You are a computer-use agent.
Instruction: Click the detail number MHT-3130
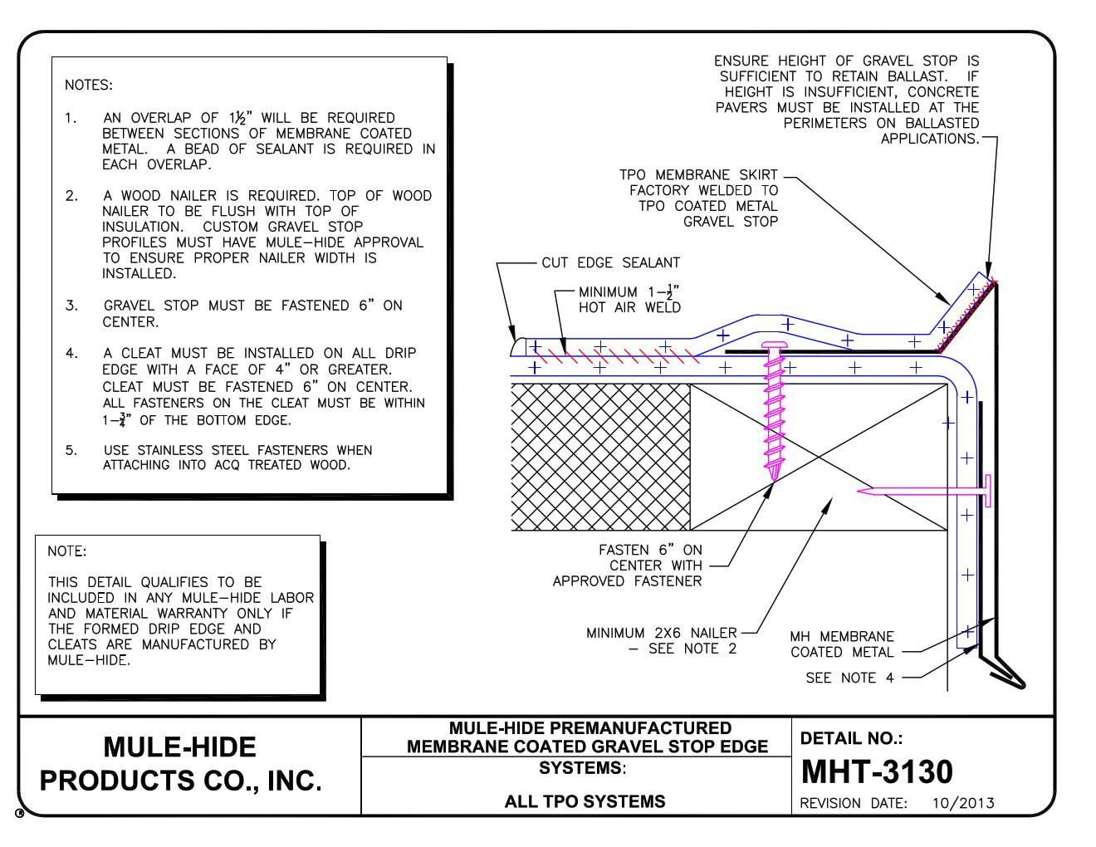pyautogui.click(x=876, y=771)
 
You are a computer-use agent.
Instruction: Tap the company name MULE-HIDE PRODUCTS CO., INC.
pyautogui.click(x=180, y=764)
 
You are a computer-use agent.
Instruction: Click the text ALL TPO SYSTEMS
pyautogui.click(x=585, y=801)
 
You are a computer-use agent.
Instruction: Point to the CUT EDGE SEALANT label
pyautogui.click(x=610, y=263)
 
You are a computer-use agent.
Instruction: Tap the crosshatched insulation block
pyautogui.click(x=599, y=456)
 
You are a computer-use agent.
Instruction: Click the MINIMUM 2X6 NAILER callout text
pyautogui.click(x=661, y=640)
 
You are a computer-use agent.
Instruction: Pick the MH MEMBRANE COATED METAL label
pyautogui.click(x=842, y=644)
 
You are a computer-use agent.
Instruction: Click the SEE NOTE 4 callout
pyautogui.click(x=849, y=678)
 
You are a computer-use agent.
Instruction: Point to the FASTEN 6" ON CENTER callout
pyautogui.click(x=649, y=565)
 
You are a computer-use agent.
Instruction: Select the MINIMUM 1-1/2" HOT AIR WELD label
pyautogui.click(x=629, y=300)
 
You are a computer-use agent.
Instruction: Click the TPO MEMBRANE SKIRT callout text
pyautogui.click(x=698, y=198)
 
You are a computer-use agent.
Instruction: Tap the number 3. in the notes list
pyautogui.click(x=72, y=306)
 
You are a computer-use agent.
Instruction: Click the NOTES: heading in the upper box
pyautogui.click(x=88, y=85)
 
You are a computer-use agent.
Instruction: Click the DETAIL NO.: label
pyautogui.click(x=851, y=738)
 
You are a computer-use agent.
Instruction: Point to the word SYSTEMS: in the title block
pyautogui.click(x=581, y=767)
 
